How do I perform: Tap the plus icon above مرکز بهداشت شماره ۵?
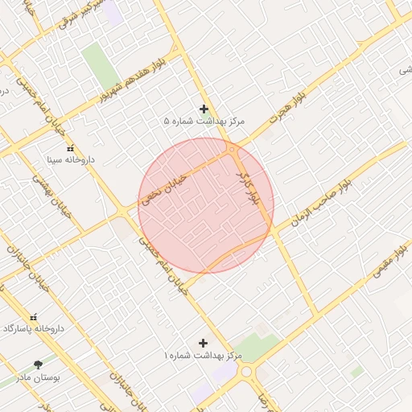(x=204, y=109)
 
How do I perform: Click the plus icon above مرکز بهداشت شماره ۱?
(x=203, y=343)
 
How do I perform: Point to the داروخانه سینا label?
(x=70, y=160)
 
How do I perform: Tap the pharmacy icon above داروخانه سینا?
(x=70, y=148)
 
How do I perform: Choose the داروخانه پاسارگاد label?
(x=32, y=329)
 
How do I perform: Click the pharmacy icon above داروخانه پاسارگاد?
(x=33, y=317)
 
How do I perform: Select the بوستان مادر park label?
(x=39, y=376)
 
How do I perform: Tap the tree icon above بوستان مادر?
(x=39, y=365)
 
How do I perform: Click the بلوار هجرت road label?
(x=266, y=126)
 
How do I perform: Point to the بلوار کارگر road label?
(x=248, y=186)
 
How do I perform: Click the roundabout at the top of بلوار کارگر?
(x=232, y=149)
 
